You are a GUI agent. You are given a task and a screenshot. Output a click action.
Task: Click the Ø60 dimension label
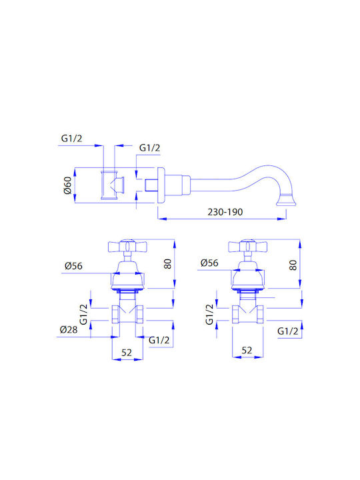[x=67, y=185]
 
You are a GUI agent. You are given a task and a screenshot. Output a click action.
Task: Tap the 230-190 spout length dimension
[x=225, y=212]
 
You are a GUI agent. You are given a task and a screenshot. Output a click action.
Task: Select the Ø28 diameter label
[x=69, y=330]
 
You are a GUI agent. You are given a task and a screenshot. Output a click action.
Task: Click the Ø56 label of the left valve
[x=73, y=266]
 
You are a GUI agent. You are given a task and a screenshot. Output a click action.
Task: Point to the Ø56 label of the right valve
[x=209, y=263]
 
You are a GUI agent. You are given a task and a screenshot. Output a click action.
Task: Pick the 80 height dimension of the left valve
[x=167, y=264]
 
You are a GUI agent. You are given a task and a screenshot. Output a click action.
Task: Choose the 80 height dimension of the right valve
[x=293, y=265]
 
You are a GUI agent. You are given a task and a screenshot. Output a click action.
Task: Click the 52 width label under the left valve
[x=127, y=353]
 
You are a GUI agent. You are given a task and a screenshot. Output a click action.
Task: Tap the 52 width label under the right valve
[x=247, y=350]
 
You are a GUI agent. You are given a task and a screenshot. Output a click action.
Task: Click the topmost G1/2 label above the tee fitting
[x=71, y=139]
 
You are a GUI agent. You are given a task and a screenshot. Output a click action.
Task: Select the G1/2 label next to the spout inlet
[x=150, y=148]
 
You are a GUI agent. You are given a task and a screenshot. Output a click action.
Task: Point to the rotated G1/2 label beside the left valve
[x=83, y=314]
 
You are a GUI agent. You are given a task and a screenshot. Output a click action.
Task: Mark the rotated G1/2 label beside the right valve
[x=209, y=314]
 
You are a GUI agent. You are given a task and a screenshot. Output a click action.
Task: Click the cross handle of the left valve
[x=127, y=247]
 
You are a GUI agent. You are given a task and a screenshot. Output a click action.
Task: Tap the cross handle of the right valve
[x=247, y=247]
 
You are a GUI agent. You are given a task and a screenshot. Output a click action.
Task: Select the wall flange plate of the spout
[x=161, y=185]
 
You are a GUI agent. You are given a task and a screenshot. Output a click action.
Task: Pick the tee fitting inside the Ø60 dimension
[x=112, y=185]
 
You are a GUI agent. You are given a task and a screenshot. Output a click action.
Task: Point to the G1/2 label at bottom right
[x=288, y=331]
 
